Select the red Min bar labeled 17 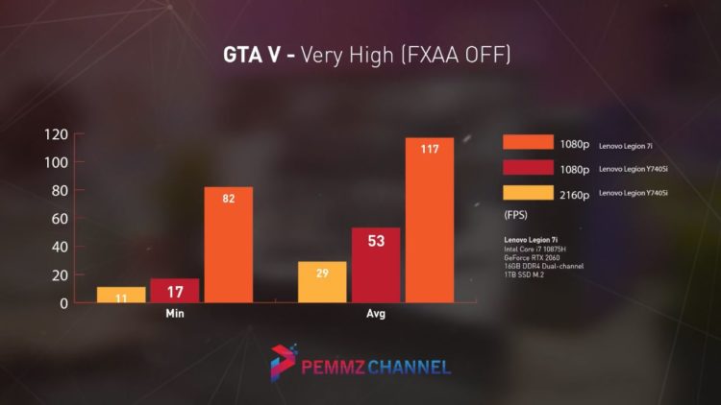click(x=175, y=291)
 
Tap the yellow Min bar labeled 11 click(x=121, y=295)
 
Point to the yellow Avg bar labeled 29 click(x=322, y=282)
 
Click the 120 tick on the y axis click(x=57, y=134)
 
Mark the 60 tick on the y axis click(x=60, y=219)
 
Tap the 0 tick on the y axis click(x=63, y=303)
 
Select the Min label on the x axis click(x=174, y=314)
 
